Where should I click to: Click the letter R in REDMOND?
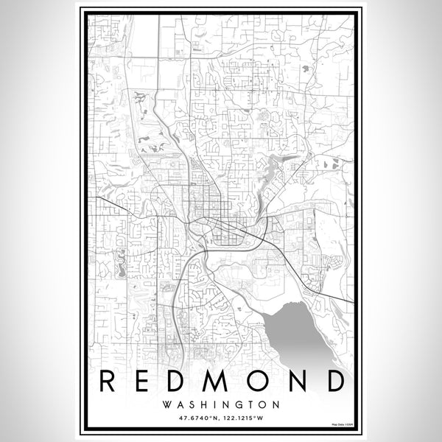click(x=107, y=380)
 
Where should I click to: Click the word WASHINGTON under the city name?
click(x=221, y=404)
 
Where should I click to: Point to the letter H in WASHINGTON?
click(x=203, y=404)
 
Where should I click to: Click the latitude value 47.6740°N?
click(x=197, y=420)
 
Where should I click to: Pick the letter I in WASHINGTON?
click(x=214, y=404)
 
